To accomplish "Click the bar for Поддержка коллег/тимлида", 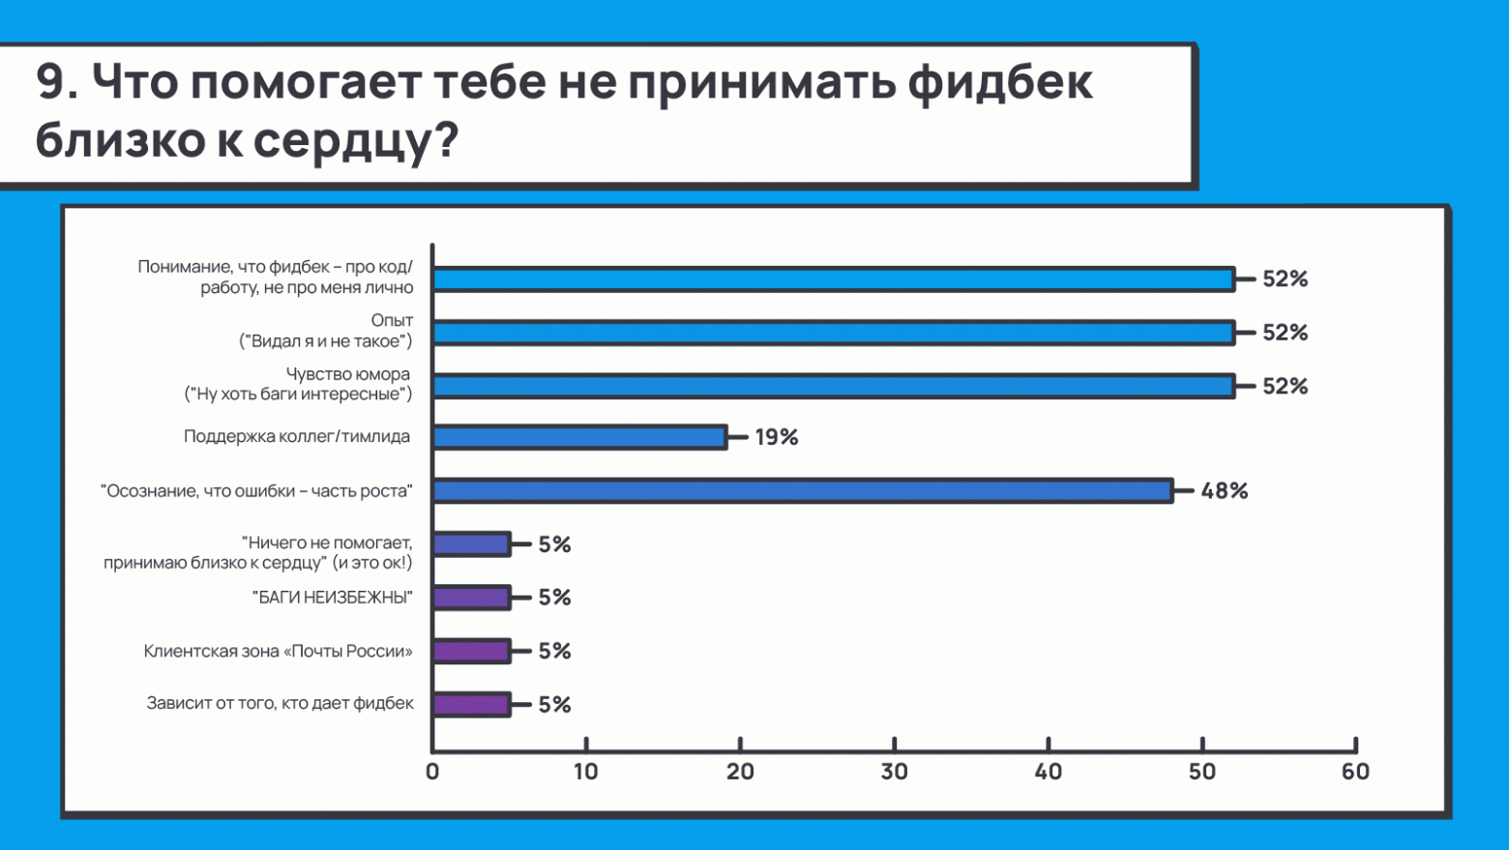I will point(578,437).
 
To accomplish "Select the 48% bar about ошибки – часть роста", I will point(802,491).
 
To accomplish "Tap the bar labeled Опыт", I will point(833,333).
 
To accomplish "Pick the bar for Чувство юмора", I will point(833,386).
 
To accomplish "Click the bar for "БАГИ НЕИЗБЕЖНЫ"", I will point(471,598).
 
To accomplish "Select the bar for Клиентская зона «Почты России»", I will point(471,651).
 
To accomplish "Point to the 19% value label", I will point(777,437).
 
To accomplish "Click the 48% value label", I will point(1225,491).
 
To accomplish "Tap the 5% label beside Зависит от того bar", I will point(555,705).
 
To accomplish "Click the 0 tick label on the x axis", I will point(432,772).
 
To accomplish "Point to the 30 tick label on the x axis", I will point(894,772).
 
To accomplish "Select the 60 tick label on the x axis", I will point(1355,772).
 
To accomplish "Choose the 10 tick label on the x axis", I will point(586,772).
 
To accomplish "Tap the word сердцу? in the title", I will point(355,140).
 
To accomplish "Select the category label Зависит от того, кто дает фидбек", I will point(280,703).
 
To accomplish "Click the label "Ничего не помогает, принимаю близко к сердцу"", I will point(258,552).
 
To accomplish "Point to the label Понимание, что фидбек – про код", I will point(276,277).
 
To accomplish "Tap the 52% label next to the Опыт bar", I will point(1285,333).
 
